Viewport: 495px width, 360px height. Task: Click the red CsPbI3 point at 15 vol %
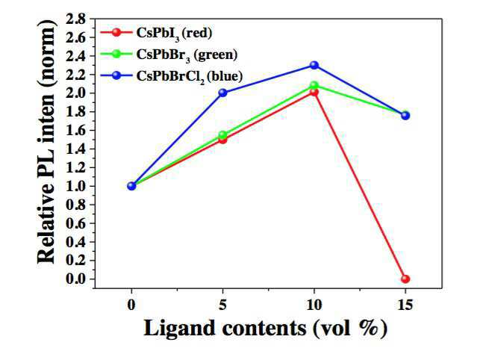pyautogui.click(x=405, y=279)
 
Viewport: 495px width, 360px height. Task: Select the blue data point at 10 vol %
pyautogui.click(x=314, y=65)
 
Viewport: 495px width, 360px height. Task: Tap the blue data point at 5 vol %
pyautogui.click(x=223, y=93)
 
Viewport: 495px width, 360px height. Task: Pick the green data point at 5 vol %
pyautogui.click(x=223, y=135)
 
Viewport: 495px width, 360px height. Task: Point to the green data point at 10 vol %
pyautogui.click(x=314, y=85)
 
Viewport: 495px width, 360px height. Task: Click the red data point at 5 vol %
pyautogui.click(x=223, y=140)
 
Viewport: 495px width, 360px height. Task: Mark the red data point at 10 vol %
pyautogui.click(x=314, y=92)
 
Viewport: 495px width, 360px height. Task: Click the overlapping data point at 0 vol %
pyautogui.click(x=131, y=186)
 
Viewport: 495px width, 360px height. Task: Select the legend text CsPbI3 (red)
pyautogui.click(x=174, y=34)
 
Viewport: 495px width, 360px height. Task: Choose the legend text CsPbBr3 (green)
pyautogui.click(x=187, y=55)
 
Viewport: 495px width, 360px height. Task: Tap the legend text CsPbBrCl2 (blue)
pyautogui.click(x=190, y=77)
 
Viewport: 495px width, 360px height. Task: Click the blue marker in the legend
pyautogui.click(x=116, y=75)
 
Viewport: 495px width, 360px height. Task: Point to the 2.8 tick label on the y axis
pyautogui.click(x=75, y=19)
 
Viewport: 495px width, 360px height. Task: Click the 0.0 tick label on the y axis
pyautogui.click(x=75, y=279)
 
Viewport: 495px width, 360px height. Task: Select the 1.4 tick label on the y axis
pyautogui.click(x=75, y=149)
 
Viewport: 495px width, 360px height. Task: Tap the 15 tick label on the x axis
pyautogui.click(x=405, y=305)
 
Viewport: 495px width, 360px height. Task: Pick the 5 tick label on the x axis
pyautogui.click(x=223, y=305)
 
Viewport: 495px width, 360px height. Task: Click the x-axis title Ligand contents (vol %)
pyautogui.click(x=266, y=329)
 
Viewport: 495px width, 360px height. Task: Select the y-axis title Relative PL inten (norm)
pyautogui.click(x=46, y=141)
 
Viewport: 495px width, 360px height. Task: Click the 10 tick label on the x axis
pyautogui.click(x=314, y=305)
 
